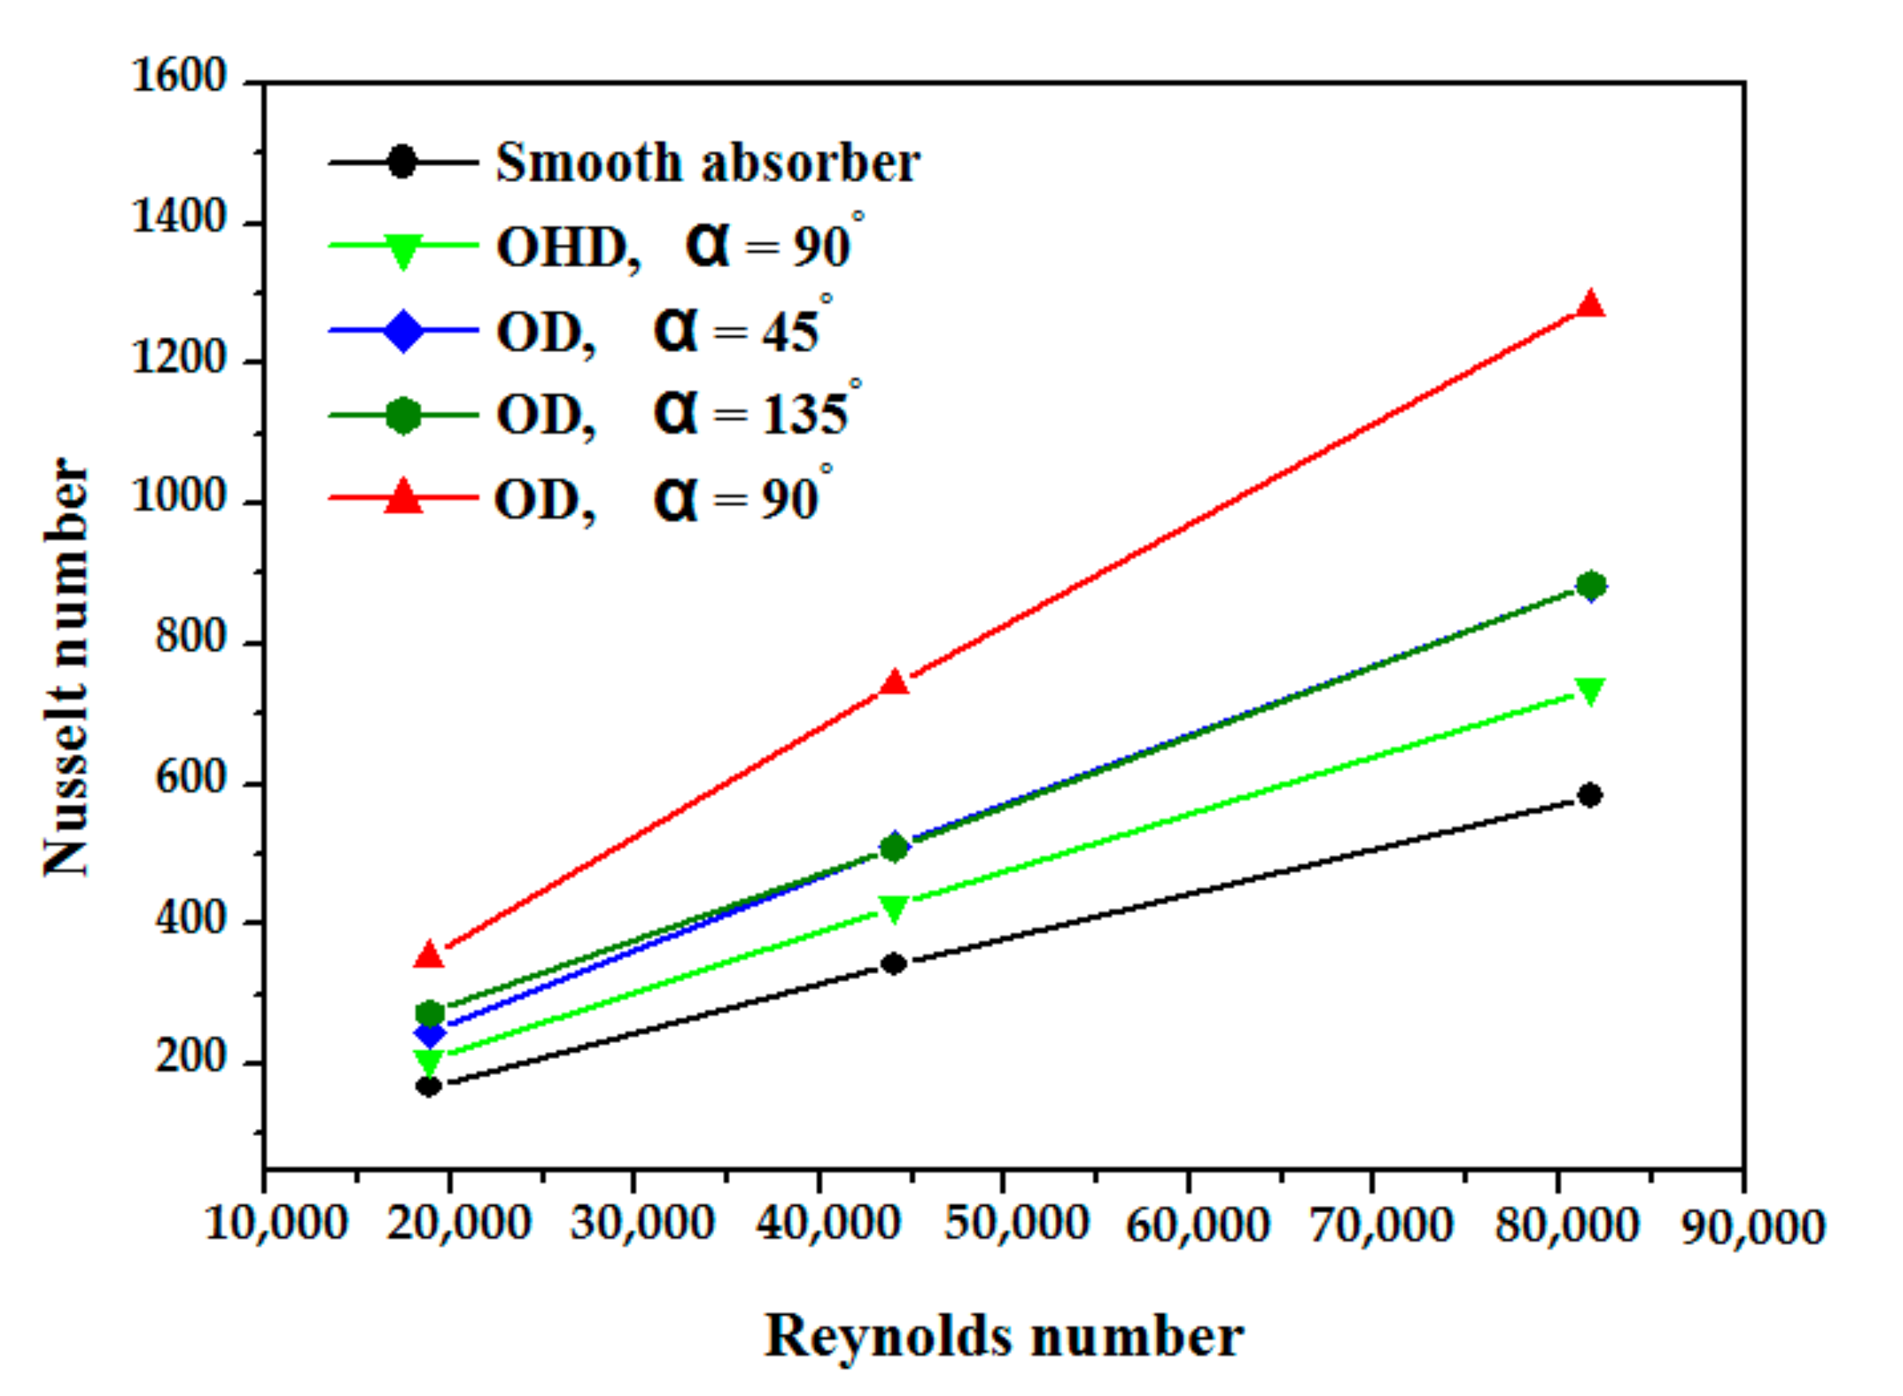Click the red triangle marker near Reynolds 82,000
(x=1590, y=304)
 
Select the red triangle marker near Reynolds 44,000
(x=894, y=683)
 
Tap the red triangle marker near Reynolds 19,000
(x=429, y=955)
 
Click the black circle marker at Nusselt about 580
(x=1590, y=795)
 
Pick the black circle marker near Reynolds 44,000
(x=894, y=964)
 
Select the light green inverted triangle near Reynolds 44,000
(x=894, y=908)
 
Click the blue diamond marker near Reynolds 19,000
(x=429, y=1033)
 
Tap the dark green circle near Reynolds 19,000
(x=429, y=1013)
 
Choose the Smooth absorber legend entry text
(x=707, y=162)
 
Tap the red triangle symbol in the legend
(x=403, y=497)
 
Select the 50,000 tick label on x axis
(x=1016, y=1222)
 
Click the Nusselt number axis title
(x=66, y=668)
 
